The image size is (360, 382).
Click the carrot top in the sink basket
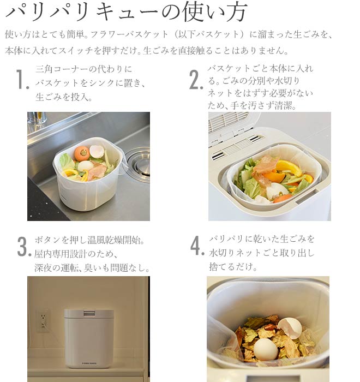click(x=82, y=153)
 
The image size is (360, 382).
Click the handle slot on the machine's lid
click(x=88, y=313)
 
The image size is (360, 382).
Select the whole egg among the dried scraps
click(x=266, y=349)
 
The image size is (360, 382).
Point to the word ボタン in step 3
click(x=48, y=240)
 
